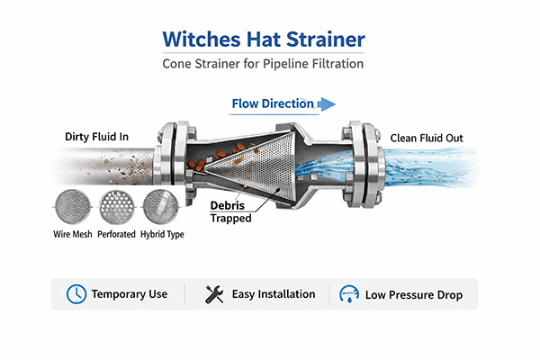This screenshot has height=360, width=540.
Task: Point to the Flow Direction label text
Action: point(273,103)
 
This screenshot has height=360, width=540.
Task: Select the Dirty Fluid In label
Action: point(96,137)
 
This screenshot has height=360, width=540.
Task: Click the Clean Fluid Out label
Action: point(428,138)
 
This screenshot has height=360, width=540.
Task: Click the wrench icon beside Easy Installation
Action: point(214,294)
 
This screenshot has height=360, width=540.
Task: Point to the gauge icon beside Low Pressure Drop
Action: point(348,295)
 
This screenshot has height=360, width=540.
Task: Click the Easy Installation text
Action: point(273,294)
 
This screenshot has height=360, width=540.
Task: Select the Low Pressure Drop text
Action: point(412,295)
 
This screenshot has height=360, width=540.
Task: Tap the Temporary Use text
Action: point(130,294)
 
